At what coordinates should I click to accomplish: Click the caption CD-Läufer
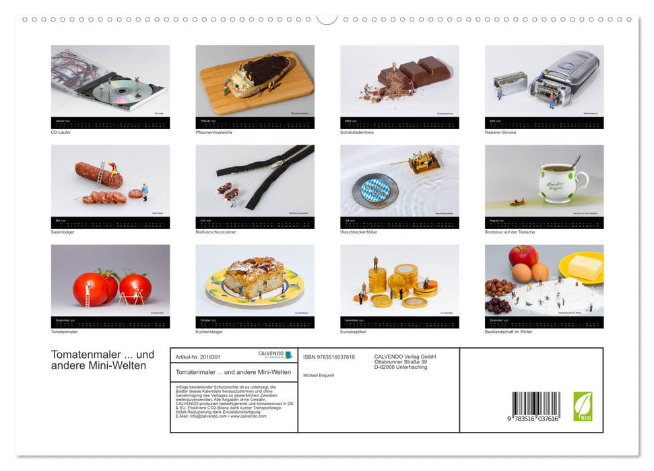(61, 133)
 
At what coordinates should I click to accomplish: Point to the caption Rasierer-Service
(500, 133)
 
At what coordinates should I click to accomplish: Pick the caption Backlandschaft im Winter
(509, 332)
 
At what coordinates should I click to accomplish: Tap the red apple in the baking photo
(523, 256)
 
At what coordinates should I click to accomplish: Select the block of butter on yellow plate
(585, 266)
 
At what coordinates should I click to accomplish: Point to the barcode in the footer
(535, 406)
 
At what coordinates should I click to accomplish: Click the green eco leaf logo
(583, 406)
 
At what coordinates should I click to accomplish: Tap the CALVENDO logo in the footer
(275, 355)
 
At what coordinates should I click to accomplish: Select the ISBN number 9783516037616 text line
(329, 357)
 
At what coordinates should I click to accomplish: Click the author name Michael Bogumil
(319, 375)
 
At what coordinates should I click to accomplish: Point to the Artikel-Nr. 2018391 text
(198, 357)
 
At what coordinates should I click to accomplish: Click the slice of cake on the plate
(254, 276)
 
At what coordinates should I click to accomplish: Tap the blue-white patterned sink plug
(375, 190)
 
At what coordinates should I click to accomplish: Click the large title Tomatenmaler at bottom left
(102, 355)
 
